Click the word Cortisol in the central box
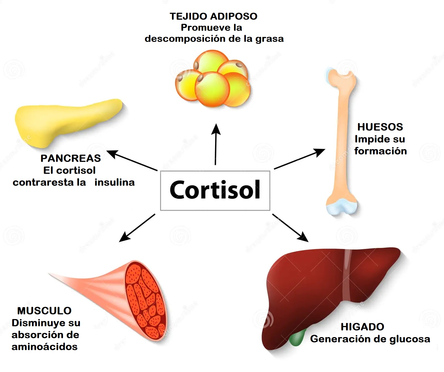[215, 190]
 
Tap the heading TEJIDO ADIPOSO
[213, 16]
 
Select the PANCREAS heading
[70, 158]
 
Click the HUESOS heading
[380, 127]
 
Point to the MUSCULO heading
[44, 311]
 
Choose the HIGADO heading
[362, 327]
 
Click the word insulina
[114, 182]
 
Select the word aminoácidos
[44, 347]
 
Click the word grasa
[269, 39]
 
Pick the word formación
[380, 151]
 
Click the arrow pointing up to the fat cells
[216, 144]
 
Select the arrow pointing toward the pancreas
[132, 160]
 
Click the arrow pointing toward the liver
[290, 228]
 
